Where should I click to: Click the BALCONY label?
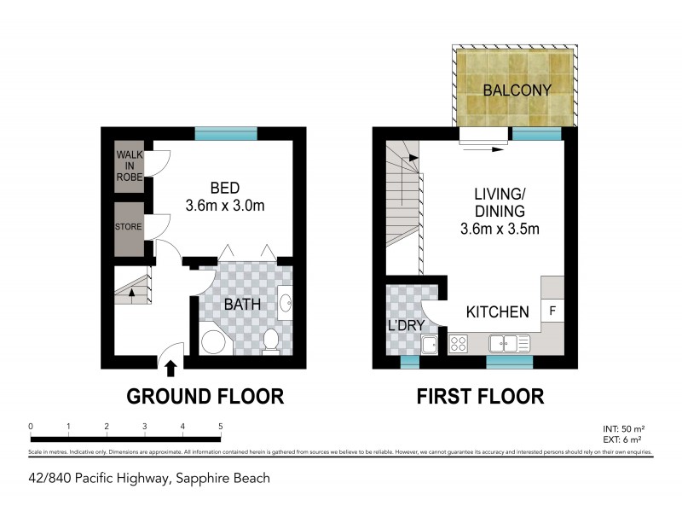coord(517,90)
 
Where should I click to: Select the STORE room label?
coord(130,227)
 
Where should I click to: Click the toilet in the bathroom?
coord(271,340)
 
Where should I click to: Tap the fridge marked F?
coord(552,311)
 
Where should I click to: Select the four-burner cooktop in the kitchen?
coord(458,345)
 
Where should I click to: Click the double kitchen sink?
coord(510,344)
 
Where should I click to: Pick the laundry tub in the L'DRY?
coord(430,345)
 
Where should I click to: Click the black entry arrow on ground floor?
coord(170,368)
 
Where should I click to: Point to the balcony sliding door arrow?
coord(485,146)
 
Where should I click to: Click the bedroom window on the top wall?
coord(225,132)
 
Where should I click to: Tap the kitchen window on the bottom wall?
coord(509,362)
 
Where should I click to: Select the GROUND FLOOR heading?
coord(205,397)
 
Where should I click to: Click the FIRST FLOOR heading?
coord(479,397)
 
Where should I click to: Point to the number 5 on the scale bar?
coord(221,426)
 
